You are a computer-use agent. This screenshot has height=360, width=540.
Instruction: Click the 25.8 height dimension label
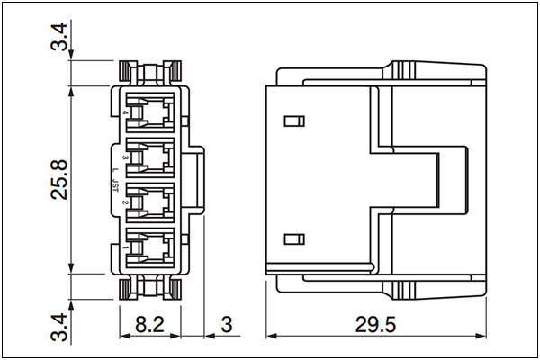click(58, 179)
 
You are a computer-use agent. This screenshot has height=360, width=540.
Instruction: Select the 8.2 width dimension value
click(149, 324)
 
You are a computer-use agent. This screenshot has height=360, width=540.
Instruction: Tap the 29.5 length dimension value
click(375, 325)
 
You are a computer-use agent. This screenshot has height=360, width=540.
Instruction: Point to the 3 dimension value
click(226, 325)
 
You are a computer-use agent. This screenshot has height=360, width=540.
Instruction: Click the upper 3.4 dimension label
click(58, 37)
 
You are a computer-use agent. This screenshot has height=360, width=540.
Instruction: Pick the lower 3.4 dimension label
click(58, 327)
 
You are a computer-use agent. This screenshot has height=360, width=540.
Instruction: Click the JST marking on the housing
click(115, 186)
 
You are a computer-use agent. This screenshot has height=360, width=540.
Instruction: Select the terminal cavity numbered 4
click(150, 112)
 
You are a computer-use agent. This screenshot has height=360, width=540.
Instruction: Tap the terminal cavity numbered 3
click(150, 157)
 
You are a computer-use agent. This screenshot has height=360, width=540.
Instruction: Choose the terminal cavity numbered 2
click(150, 202)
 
